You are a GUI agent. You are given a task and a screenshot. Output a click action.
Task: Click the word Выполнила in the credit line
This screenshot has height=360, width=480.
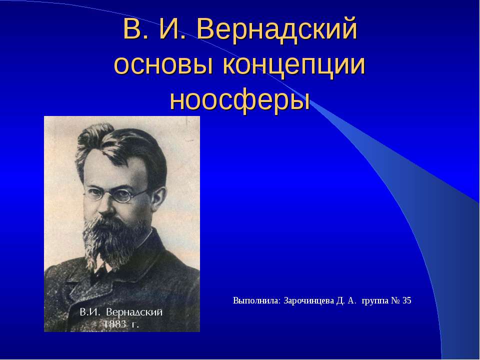point(256,300)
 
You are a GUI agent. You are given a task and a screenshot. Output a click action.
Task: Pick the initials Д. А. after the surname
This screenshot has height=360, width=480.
point(345,300)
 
